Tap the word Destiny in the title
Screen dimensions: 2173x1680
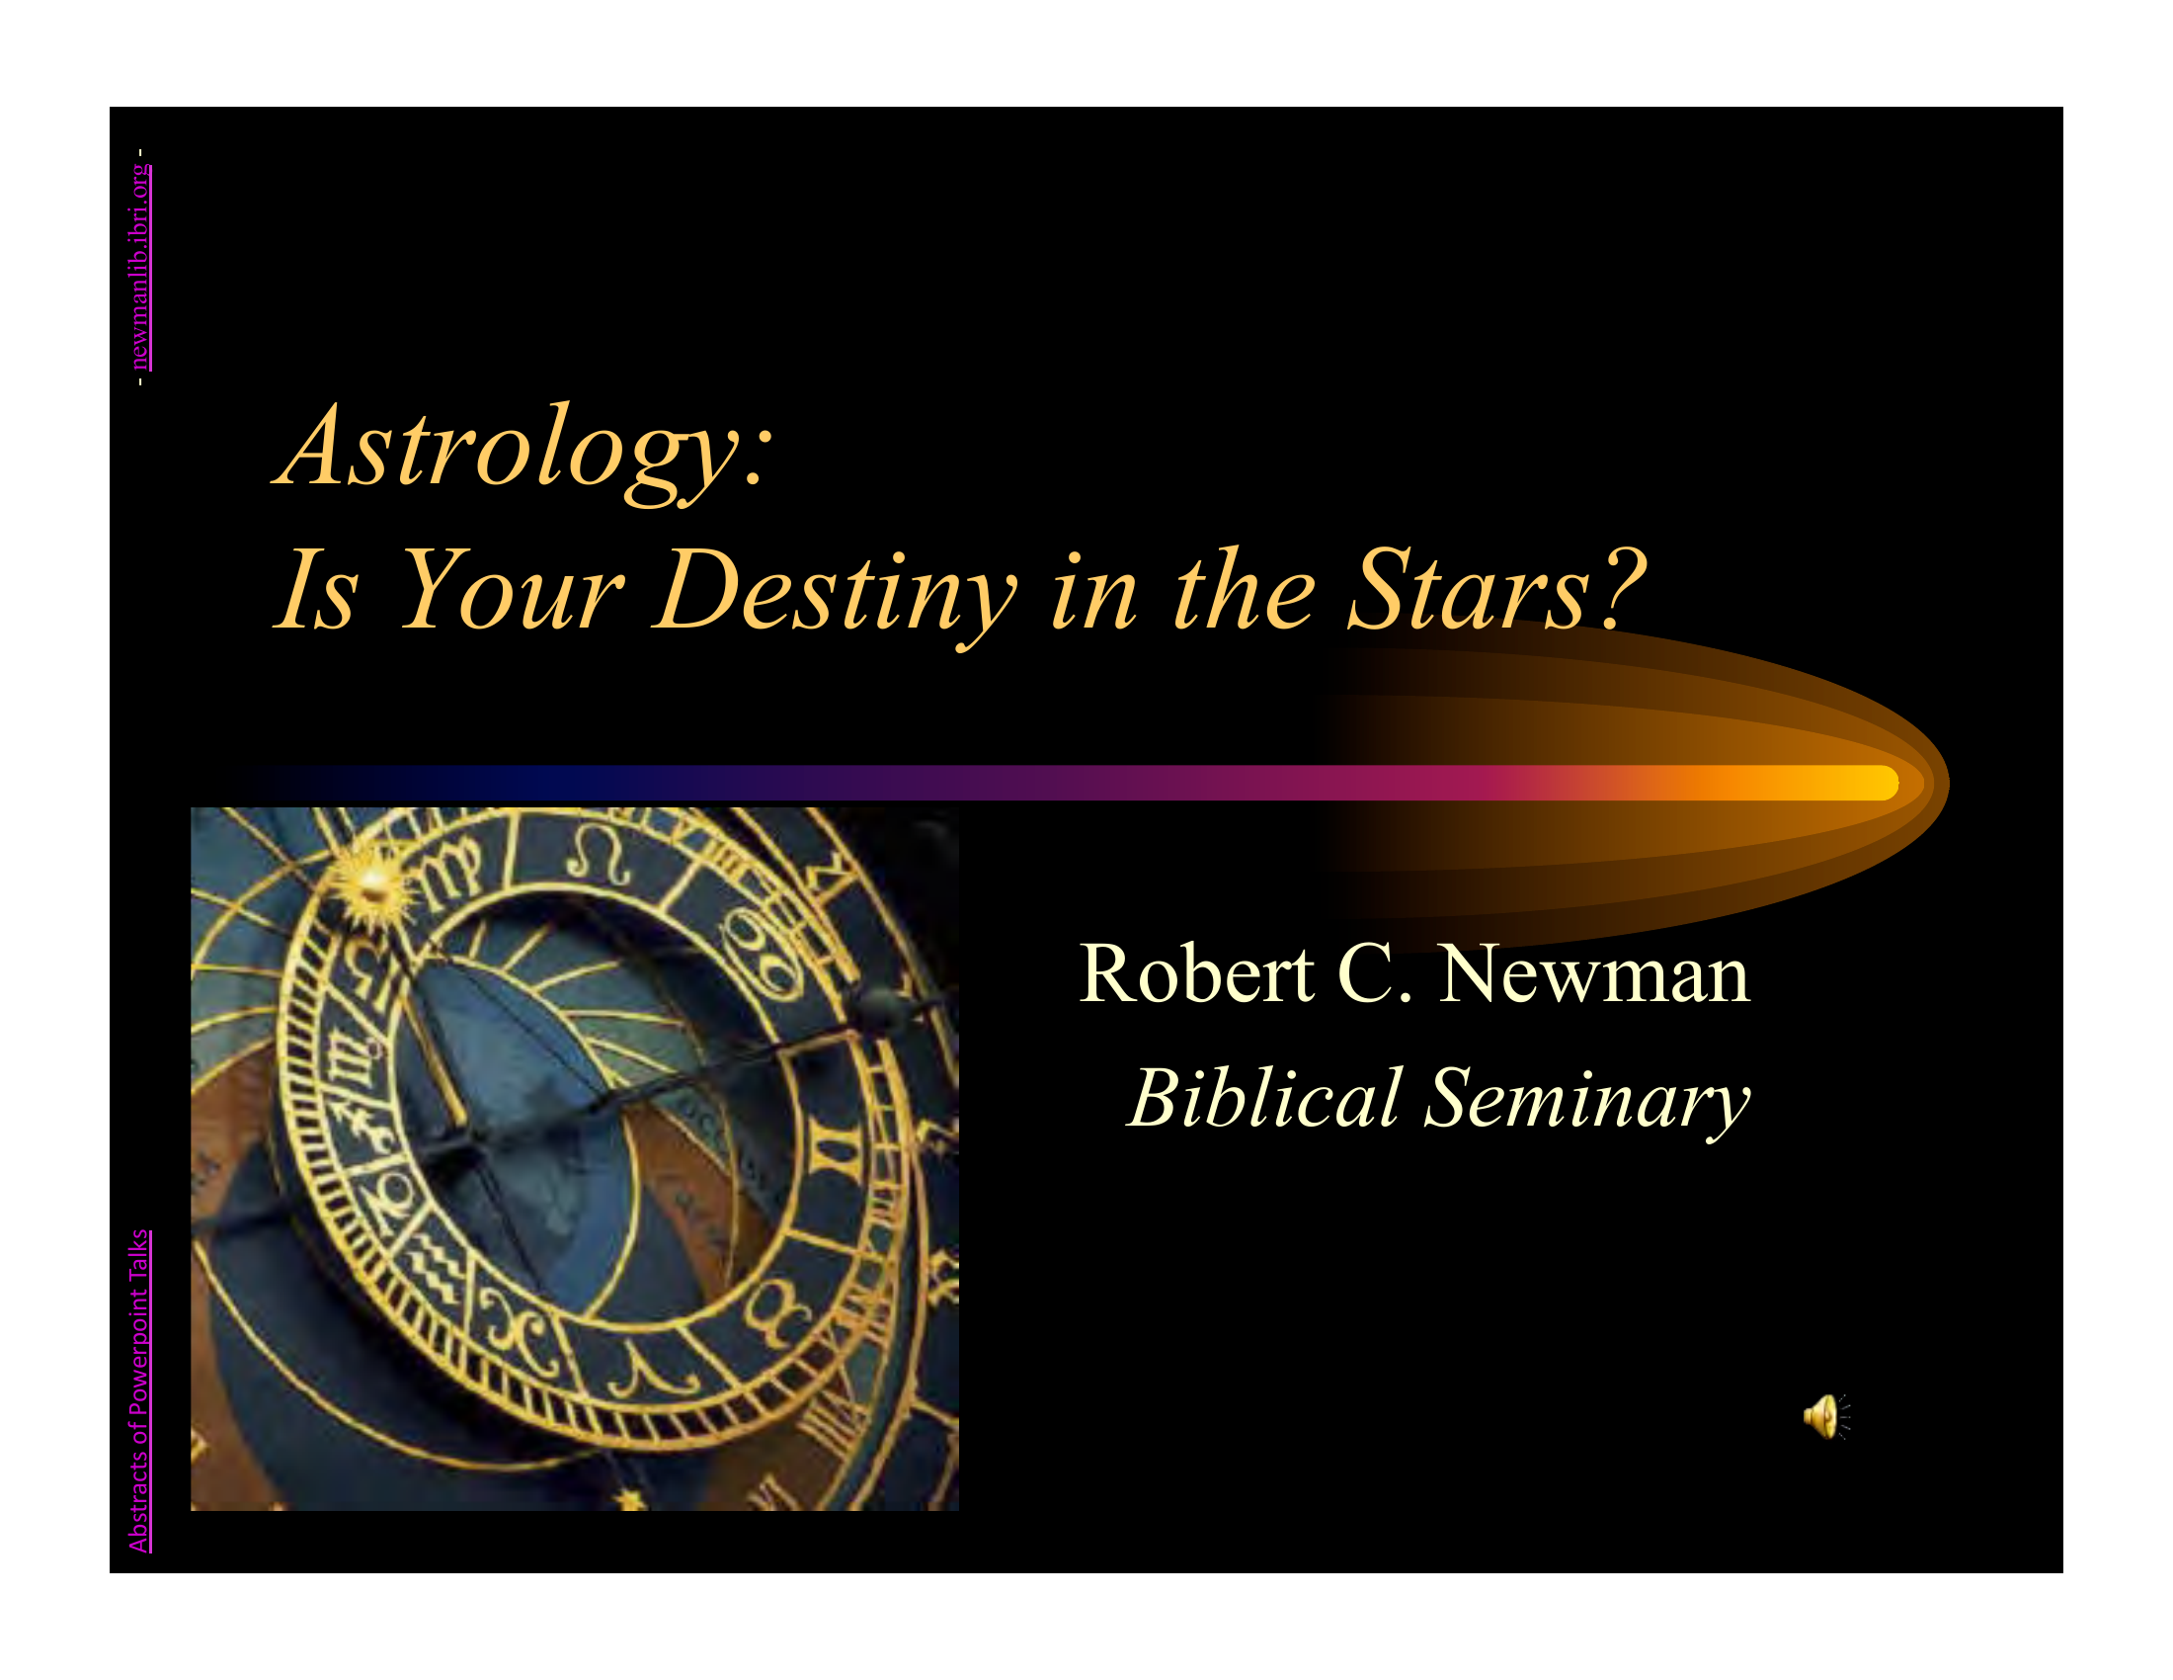835,594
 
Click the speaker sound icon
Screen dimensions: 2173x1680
1825,1416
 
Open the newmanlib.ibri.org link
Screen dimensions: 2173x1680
142,266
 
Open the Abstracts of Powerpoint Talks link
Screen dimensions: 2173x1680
140,1390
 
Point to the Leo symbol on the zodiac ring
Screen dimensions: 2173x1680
599,854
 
